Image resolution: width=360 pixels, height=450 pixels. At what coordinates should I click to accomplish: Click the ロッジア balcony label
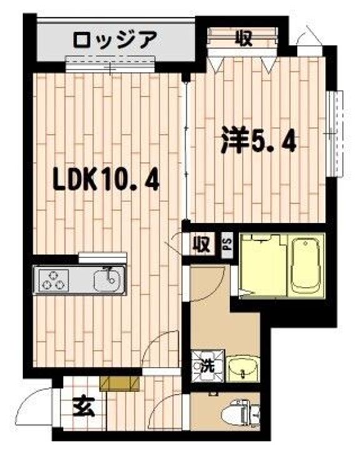click(x=115, y=39)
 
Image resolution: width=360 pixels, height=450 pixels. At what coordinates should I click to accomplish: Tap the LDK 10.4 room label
click(x=106, y=181)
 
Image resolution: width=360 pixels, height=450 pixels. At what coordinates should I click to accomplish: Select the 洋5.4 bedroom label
click(x=258, y=141)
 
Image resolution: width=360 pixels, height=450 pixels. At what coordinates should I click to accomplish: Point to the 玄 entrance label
click(x=84, y=408)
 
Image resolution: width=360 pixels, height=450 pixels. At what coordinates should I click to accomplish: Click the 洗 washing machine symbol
click(x=207, y=366)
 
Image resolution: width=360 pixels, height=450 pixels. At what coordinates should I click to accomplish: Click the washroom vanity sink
click(x=242, y=369)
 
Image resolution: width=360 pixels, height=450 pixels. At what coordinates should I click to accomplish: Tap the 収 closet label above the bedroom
click(x=244, y=39)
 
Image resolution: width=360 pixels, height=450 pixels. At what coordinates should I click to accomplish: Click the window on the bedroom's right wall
click(x=335, y=134)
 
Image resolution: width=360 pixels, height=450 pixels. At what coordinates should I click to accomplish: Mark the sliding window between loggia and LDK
click(x=110, y=63)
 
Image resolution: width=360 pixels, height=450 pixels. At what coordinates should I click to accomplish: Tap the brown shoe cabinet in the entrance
click(x=120, y=384)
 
